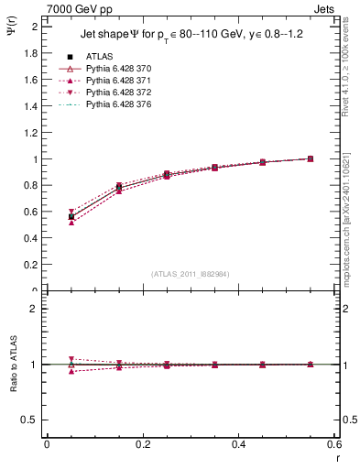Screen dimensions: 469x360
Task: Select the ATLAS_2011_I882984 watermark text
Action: [x=191, y=273]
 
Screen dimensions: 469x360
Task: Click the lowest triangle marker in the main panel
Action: [x=71, y=223]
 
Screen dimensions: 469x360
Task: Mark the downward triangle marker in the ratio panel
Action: [x=71, y=359]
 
